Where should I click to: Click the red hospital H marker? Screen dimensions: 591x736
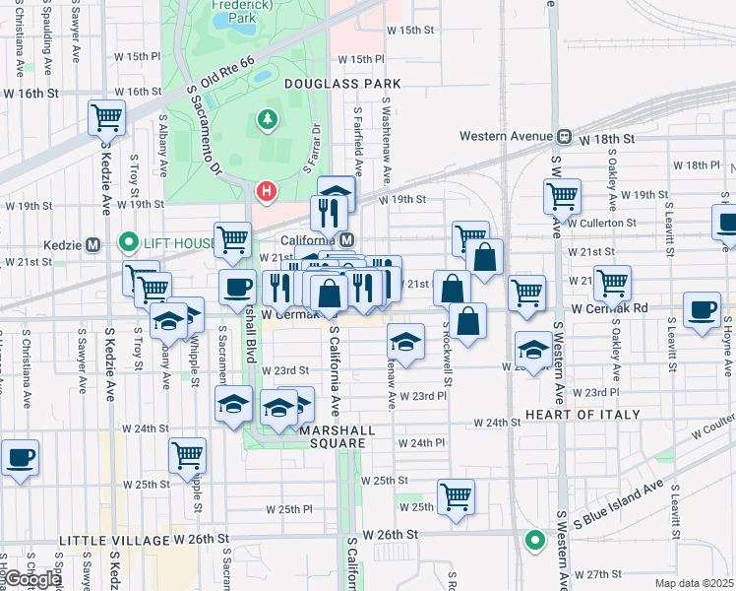pyautogui.click(x=265, y=190)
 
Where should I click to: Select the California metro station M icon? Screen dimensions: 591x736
pyautogui.click(x=346, y=241)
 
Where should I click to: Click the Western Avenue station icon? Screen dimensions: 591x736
pyautogui.click(x=565, y=137)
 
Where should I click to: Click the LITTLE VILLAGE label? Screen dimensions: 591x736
pyautogui.click(x=115, y=541)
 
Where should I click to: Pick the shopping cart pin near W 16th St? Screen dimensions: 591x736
pyautogui.click(x=106, y=117)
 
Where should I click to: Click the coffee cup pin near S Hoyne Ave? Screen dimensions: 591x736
pyautogui.click(x=702, y=310)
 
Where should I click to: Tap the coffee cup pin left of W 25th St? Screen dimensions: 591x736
pyautogui.click(x=20, y=458)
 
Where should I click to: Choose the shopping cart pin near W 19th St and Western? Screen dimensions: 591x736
pyautogui.click(x=562, y=194)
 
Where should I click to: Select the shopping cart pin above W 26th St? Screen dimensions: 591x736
pyautogui.click(x=457, y=496)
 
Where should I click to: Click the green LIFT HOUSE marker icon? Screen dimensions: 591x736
pyautogui.click(x=127, y=242)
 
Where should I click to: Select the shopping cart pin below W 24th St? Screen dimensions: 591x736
pyautogui.click(x=187, y=455)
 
